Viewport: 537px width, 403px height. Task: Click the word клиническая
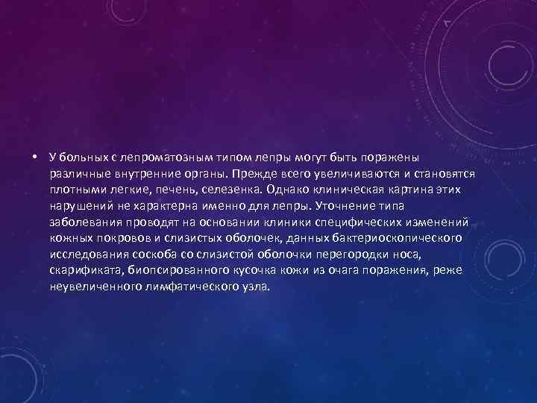coord(348,190)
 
